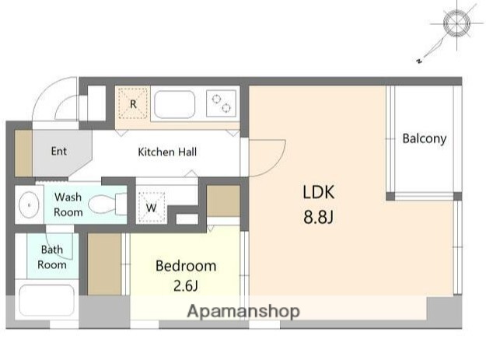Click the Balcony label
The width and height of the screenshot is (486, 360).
[425, 138]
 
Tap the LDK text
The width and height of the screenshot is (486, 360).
[319, 192]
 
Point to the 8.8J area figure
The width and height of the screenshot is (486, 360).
[318, 217]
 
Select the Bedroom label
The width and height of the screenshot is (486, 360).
[186, 266]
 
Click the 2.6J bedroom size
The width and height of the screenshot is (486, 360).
[186, 285]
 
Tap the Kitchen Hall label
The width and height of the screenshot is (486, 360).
[167, 152]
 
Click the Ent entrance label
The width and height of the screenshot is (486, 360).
[59, 151]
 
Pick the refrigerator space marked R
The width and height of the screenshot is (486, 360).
[133, 103]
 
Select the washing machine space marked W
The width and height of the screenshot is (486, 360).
[152, 208]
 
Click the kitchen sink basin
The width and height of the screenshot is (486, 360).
[174, 104]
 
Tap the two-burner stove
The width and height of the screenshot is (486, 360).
[222, 103]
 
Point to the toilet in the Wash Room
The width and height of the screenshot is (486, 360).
[107, 204]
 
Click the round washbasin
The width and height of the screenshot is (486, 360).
[29, 204]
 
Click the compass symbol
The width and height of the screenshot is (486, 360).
[456, 24]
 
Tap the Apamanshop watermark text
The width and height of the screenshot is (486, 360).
[243, 311]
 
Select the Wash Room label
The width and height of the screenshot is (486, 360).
[68, 204]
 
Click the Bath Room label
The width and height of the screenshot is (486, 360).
[52, 257]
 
